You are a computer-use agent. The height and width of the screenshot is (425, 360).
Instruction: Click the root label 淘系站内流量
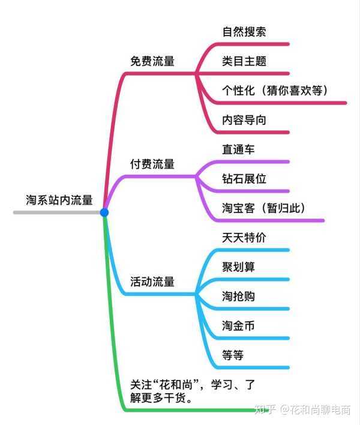[x=59, y=200]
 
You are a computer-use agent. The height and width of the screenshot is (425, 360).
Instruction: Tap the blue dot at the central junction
[x=104, y=212]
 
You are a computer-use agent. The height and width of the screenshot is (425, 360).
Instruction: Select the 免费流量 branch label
[x=152, y=61]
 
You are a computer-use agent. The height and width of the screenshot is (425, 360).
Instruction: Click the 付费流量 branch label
[x=152, y=164]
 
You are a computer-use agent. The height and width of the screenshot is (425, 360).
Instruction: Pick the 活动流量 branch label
[x=152, y=282]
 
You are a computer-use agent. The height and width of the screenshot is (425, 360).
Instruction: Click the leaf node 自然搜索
[x=244, y=32]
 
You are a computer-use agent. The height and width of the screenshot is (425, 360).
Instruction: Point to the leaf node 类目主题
[x=244, y=61]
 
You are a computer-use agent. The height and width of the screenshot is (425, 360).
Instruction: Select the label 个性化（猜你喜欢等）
[x=275, y=91]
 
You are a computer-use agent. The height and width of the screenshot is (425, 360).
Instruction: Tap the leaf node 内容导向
[x=244, y=120]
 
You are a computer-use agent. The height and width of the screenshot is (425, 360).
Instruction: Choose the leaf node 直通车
[x=238, y=149]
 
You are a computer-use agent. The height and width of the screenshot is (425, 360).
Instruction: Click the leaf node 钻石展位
[x=244, y=179]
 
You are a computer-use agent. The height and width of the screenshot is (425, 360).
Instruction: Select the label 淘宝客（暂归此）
[x=264, y=208]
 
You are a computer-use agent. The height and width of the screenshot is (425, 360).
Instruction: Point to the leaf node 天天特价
[x=244, y=238]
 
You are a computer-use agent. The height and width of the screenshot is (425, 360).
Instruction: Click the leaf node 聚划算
[x=238, y=267]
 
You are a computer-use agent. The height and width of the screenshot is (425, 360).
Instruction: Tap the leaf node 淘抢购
[x=238, y=297]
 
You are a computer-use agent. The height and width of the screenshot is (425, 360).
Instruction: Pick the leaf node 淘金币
[x=238, y=326]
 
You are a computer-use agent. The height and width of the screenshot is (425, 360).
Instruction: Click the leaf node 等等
[x=233, y=355]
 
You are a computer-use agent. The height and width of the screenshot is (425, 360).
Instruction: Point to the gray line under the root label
[x=57, y=212]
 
